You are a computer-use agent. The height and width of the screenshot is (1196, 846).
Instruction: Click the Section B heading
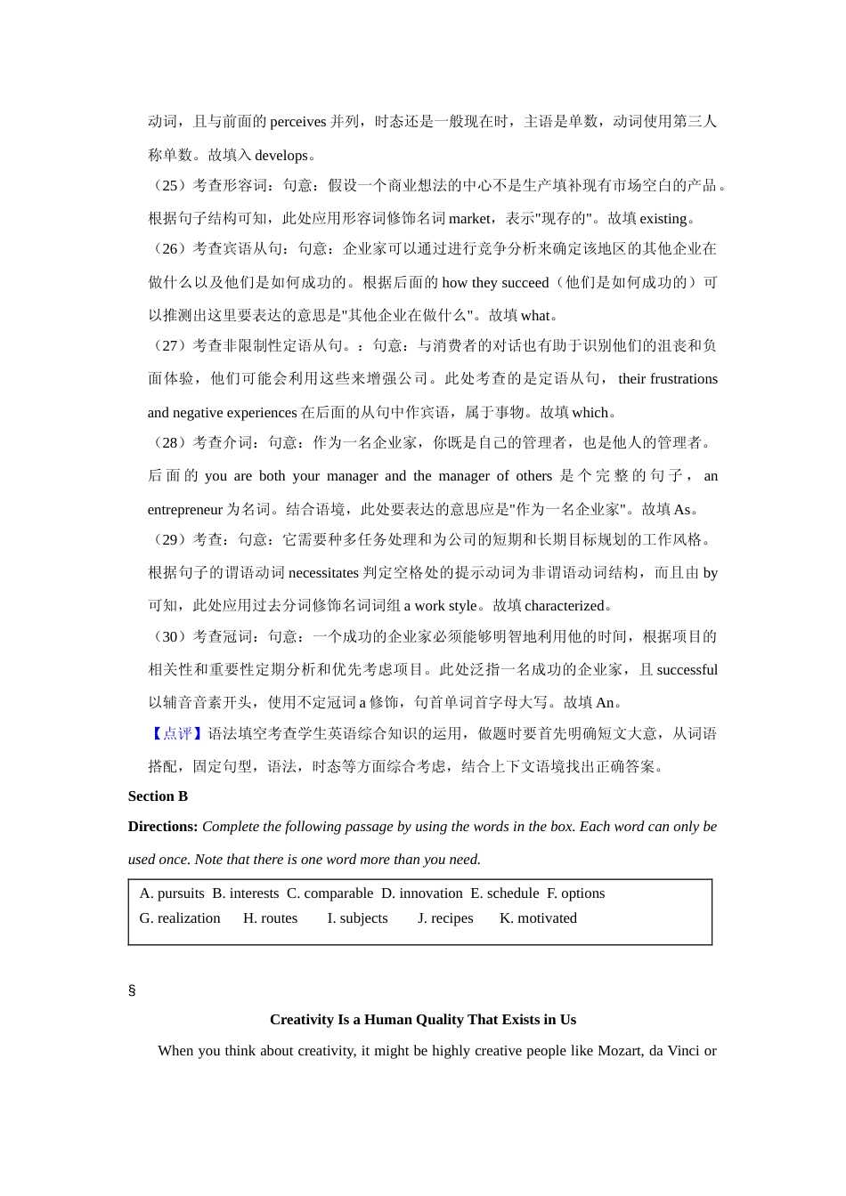point(158,796)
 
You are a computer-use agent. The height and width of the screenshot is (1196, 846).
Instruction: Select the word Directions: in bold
point(163,827)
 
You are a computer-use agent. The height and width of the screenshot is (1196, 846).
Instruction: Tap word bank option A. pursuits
point(172,893)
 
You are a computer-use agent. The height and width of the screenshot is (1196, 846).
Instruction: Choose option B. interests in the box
point(245,893)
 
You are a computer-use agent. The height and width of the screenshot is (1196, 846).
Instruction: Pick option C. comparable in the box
point(329,893)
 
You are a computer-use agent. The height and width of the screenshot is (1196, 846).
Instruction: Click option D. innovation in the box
point(422,893)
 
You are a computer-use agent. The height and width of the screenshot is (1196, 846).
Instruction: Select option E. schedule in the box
point(505,893)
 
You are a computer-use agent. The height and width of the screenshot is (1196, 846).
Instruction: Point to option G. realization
point(180,918)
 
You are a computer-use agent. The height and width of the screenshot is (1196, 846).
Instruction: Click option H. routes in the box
point(270,918)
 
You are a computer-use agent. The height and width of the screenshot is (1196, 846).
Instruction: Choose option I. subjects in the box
point(357,918)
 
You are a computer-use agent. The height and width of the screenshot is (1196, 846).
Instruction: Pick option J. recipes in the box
point(445,918)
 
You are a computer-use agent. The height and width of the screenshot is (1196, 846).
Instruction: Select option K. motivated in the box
point(538,918)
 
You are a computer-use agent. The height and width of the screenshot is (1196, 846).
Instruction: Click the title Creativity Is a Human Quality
point(423,1020)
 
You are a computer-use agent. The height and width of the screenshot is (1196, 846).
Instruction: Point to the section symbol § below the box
point(132,990)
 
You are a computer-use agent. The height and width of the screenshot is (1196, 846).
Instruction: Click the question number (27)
point(170,345)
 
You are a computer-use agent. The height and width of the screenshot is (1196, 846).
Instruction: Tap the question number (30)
point(170,637)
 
